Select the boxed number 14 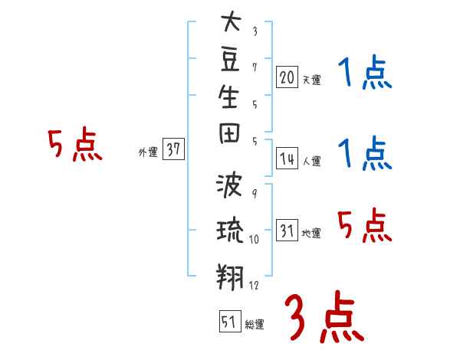[x=287, y=159]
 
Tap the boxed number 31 [x=287, y=231]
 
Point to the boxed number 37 [x=174, y=150]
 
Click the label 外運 [x=148, y=153]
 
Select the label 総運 [x=255, y=325]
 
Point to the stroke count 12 [x=255, y=286]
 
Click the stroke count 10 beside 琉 [x=255, y=240]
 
